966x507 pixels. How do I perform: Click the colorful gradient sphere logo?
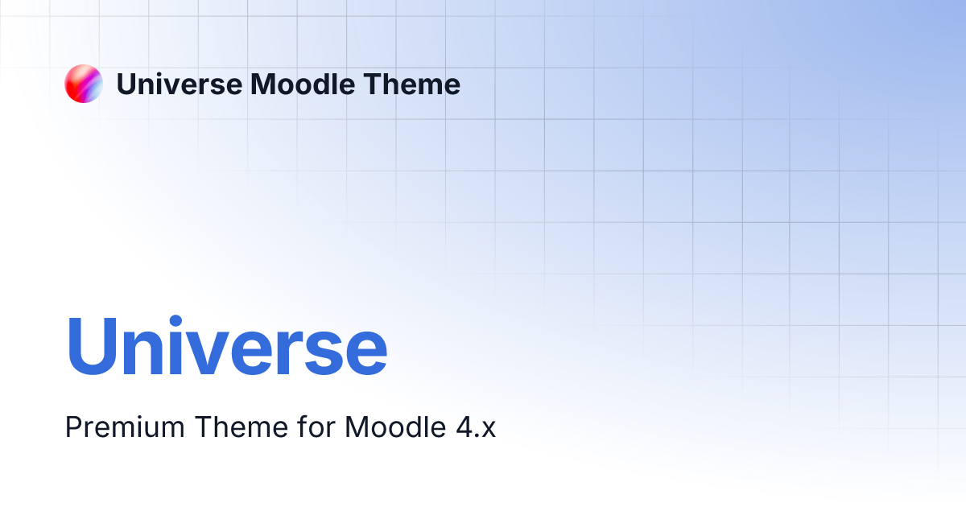(84, 84)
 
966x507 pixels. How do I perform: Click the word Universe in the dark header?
(180, 84)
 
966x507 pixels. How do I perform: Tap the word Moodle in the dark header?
(303, 84)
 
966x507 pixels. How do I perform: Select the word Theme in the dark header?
(412, 84)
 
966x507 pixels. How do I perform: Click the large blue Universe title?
(227, 346)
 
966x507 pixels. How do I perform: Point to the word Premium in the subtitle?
(125, 427)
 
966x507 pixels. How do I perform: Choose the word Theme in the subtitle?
(242, 427)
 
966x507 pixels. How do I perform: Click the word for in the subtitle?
(316, 427)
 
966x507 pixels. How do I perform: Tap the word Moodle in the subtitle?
(395, 427)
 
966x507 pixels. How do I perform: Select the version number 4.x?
(476, 427)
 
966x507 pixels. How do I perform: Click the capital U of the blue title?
(92, 346)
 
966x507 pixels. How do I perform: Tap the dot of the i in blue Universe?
(175, 322)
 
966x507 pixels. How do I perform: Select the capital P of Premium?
(74, 427)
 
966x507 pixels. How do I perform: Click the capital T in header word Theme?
(374, 84)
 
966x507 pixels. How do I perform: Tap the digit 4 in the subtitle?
(464, 427)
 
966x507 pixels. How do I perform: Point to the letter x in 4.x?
(488, 430)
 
